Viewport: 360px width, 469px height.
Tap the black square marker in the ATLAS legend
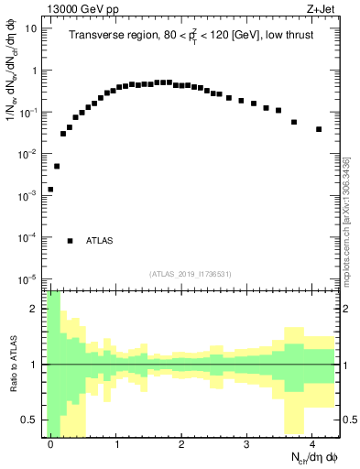(x=71, y=241)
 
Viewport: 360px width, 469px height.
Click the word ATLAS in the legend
(x=100, y=241)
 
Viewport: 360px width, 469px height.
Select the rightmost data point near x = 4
(x=319, y=129)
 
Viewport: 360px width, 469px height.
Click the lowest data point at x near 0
(x=50, y=190)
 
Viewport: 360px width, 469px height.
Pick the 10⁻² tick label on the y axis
(x=27, y=154)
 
